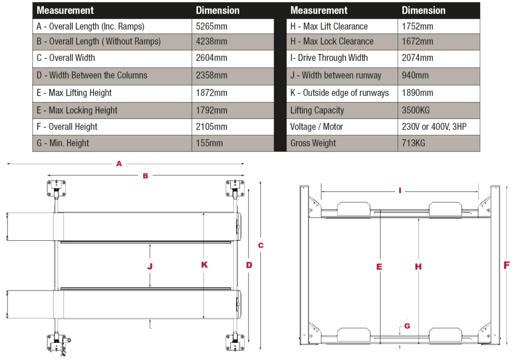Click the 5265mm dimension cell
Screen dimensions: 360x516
[x=211, y=27]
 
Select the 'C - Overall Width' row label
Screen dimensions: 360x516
[x=66, y=58]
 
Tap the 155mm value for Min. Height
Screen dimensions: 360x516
[x=209, y=143]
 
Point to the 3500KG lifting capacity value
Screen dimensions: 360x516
[x=416, y=110]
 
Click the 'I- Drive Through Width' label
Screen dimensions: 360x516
[x=329, y=58]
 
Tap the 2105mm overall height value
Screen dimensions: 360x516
[x=211, y=127]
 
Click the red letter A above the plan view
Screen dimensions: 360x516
[x=119, y=163]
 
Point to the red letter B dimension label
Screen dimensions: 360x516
[x=145, y=176]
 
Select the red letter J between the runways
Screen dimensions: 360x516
[x=150, y=266]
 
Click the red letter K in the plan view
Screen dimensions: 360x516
[x=204, y=265]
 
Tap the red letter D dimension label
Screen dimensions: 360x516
[x=249, y=265]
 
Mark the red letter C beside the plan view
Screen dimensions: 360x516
[x=261, y=246]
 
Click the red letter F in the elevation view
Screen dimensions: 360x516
[x=506, y=265]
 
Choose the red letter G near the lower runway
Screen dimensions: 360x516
[x=407, y=326]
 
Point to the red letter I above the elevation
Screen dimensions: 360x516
[x=400, y=191]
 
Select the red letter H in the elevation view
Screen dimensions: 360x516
[x=418, y=266]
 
